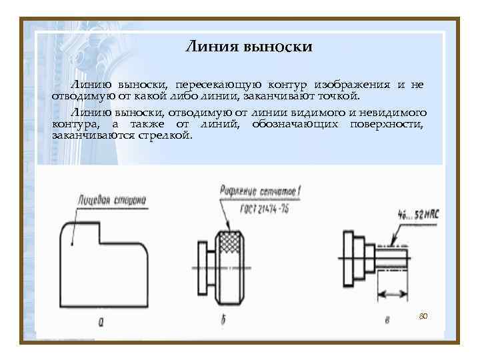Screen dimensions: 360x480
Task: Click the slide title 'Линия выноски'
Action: pos(247,47)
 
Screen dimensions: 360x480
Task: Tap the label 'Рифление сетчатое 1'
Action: pos(261,193)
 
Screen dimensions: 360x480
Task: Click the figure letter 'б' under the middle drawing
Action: pos(223,321)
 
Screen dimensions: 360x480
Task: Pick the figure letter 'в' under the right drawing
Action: pos(387,321)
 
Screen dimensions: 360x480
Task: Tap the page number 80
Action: pos(423,315)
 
